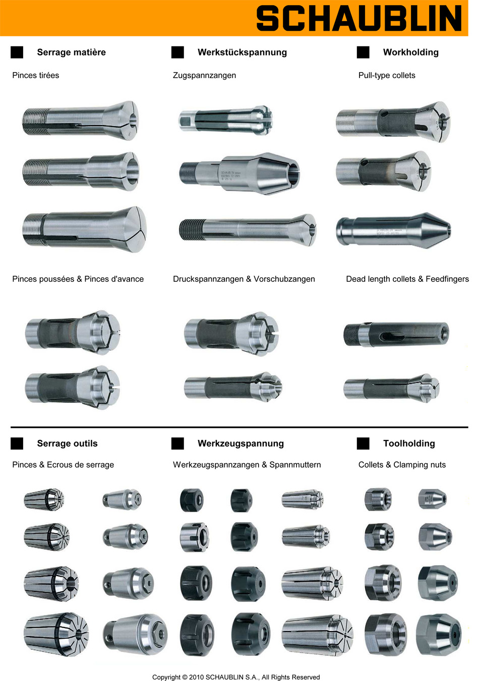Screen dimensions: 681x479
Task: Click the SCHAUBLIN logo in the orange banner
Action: click(x=358, y=19)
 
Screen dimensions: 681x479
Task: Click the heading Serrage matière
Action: click(x=71, y=52)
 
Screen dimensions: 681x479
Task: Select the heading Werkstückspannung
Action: click(x=242, y=52)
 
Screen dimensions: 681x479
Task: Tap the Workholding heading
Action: click(x=410, y=52)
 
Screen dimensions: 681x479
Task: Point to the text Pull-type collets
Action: click(x=387, y=75)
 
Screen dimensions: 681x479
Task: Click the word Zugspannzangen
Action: click(x=204, y=75)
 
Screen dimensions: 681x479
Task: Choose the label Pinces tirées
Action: click(x=35, y=75)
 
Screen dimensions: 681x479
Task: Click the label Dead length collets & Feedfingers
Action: click(x=407, y=279)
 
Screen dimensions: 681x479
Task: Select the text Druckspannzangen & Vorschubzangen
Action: click(x=244, y=279)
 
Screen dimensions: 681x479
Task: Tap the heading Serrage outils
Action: click(x=67, y=444)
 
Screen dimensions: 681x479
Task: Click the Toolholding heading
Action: click(x=408, y=444)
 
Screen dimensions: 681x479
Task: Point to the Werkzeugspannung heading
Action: click(x=241, y=444)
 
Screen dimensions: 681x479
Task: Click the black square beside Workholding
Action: click(x=363, y=52)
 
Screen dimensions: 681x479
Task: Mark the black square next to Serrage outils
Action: click(x=17, y=444)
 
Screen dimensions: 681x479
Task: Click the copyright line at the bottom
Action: click(x=236, y=677)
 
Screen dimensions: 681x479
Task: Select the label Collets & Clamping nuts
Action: click(x=402, y=465)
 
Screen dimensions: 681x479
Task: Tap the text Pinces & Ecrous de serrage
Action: click(x=63, y=465)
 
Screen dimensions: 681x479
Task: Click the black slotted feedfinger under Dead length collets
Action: click(x=396, y=333)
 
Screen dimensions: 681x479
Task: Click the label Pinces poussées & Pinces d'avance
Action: click(x=78, y=279)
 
